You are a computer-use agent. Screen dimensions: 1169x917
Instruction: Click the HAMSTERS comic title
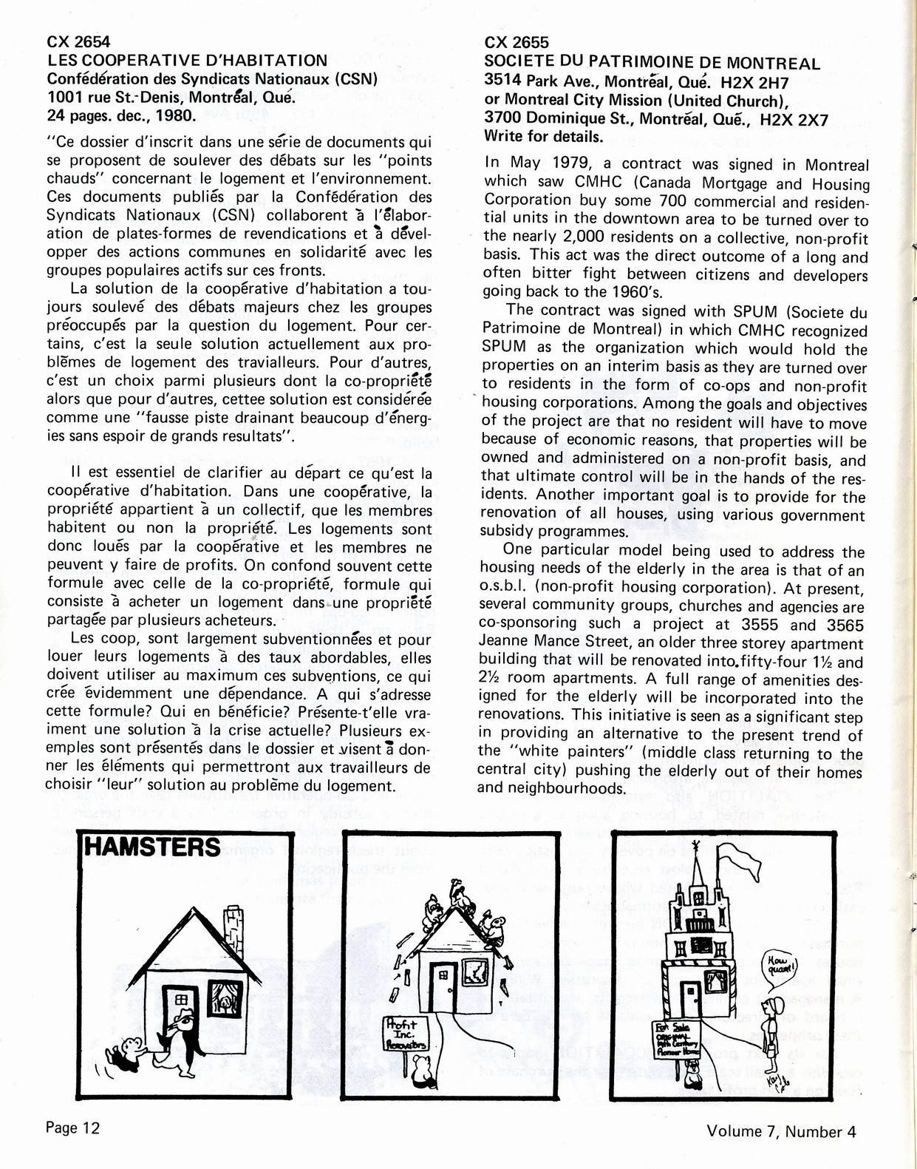pyautogui.click(x=154, y=847)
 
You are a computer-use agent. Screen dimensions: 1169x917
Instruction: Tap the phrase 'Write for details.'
pyautogui.click(x=543, y=136)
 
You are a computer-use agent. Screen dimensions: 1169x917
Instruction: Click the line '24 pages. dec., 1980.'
pyautogui.click(x=122, y=115)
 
